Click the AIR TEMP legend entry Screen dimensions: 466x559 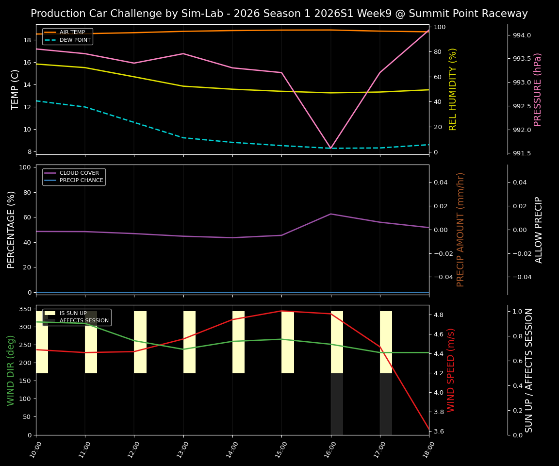pyautogui.click(x=72, y=33)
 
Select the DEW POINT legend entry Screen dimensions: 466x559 pyautogui.click(x=75, y=40)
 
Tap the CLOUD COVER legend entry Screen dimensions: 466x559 pyautogui.click(x=79, y=173)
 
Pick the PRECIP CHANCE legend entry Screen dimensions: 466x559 pyautogui.click(x=81, y=181)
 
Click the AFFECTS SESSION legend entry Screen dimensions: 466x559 pyautogui.click(x=84, y=321)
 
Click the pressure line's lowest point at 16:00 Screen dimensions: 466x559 pyautogui.click(x=331, y=148)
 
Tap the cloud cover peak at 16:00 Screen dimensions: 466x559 pyautogui.click(x=331, y=214)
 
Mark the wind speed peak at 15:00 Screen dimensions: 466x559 pyautogui.click(x=281, y=311)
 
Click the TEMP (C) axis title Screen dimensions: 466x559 pyautogui.click(x=16, y=89)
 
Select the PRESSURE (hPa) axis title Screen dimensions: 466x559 pyautogui.click(x=538, y=89)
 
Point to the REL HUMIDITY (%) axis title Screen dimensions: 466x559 pyautogui.click(x=453, y=89)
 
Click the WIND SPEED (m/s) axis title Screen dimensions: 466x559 pyautogui.click(x=451, y=370)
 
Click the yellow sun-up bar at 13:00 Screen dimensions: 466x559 pyautogui.click(x=189, y=342)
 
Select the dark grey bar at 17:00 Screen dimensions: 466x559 pyautogui.click(x=386, y=404)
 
